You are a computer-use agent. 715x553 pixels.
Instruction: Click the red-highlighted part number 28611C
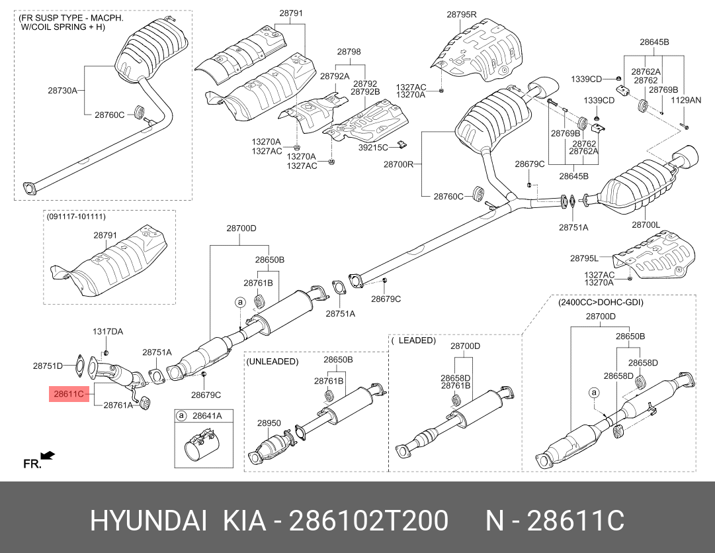(69, 395)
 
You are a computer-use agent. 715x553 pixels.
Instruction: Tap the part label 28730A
(62, 90)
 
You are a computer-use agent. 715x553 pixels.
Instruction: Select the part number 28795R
(461, 14)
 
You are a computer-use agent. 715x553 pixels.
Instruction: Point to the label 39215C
(373, 148)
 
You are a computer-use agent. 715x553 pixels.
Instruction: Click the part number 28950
(269, 423)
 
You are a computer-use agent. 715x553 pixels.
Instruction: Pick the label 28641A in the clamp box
(207, 416)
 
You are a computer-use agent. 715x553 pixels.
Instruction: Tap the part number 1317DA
(107, 331)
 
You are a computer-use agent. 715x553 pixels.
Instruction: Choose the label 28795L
(584, 258)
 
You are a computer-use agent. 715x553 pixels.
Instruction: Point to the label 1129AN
(686, 100)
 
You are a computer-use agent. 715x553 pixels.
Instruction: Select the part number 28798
(349, 51)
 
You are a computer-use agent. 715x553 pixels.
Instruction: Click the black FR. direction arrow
(47, 456)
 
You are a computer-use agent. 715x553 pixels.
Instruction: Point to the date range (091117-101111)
(75, 217)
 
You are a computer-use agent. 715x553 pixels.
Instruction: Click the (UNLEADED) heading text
(273, 362)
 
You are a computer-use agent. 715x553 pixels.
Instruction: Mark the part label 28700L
(646, 225)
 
